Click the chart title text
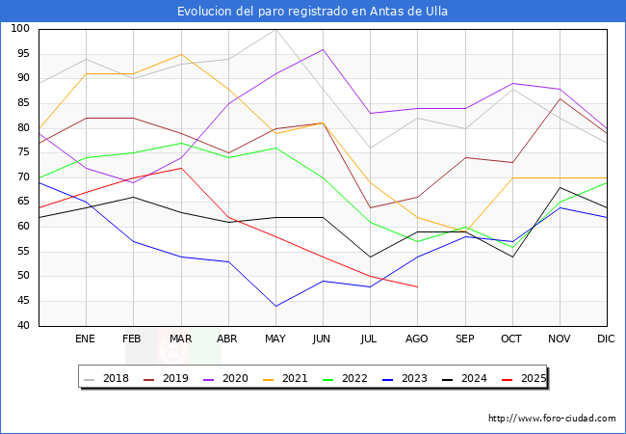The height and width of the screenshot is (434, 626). point(313,12)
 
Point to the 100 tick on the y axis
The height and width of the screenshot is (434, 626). point(18,29)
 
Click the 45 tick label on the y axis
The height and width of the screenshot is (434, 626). point(21,301)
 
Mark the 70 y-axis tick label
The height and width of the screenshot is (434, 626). point(21,177)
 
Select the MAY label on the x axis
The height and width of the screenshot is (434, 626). point(275,339)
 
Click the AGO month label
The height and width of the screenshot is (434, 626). point(417,339)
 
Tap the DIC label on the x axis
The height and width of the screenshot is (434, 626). point(606,339)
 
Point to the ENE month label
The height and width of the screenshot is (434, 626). point(86,339)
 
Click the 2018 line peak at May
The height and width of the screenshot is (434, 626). point(275,29)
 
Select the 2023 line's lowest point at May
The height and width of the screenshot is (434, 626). point(275,307)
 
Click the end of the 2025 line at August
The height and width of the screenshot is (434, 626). point(417,286)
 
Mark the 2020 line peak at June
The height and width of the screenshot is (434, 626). point(323,49)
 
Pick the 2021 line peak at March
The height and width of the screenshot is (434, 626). point(181,54)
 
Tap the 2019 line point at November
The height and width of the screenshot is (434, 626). point(559,98)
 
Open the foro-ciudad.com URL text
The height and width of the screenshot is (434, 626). point(552,419)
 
